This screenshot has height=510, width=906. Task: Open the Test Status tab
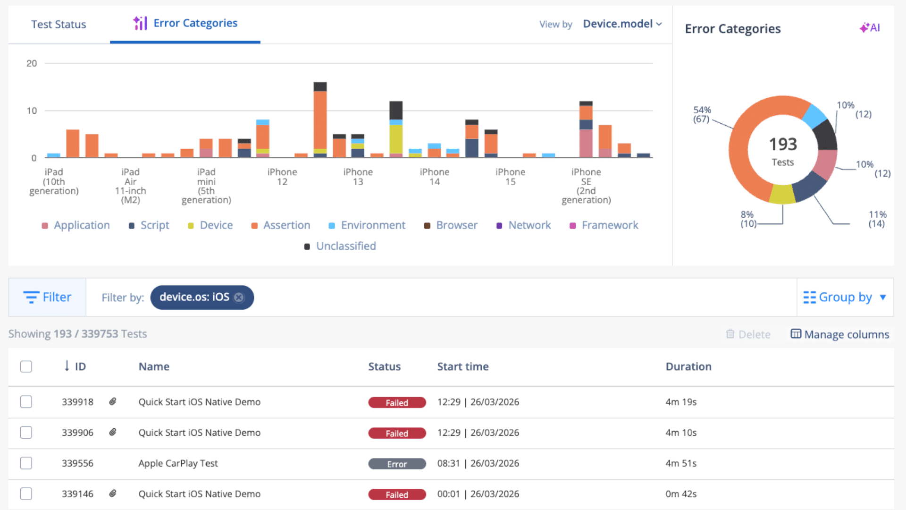click(59, 24)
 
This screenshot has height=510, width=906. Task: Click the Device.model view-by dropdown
click(622, 24)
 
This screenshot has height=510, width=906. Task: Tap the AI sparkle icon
click(870, 28)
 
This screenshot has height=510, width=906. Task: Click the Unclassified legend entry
click(340, 246)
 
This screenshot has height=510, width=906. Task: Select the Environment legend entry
click(367, 225)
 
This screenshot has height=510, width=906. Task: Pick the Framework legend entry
click(604, 225)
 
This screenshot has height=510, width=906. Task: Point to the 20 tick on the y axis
click(32, 63)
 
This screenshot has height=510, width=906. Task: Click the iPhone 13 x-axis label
click(358, 177)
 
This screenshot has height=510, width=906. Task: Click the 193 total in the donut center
click(783, 144)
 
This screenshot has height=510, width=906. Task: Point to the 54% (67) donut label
click(702, 114)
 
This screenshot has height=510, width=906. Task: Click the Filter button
click(47, 297)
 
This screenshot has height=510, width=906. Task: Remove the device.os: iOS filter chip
click(239, 297)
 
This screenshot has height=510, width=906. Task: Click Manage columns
click(840, 334)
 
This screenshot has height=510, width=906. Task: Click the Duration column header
click(688, 366)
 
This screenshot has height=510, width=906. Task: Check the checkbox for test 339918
click(26, 402)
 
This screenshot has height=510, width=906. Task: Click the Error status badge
click(397, 464)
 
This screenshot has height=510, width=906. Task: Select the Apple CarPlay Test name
click(178, 463)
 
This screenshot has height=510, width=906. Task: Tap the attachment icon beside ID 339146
click(113, 493)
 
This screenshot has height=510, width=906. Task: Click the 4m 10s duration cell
click(681, 433)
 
